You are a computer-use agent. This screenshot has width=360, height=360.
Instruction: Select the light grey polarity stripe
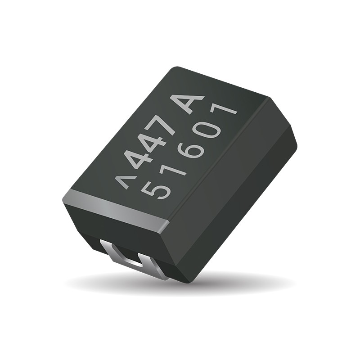coord(112,208)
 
